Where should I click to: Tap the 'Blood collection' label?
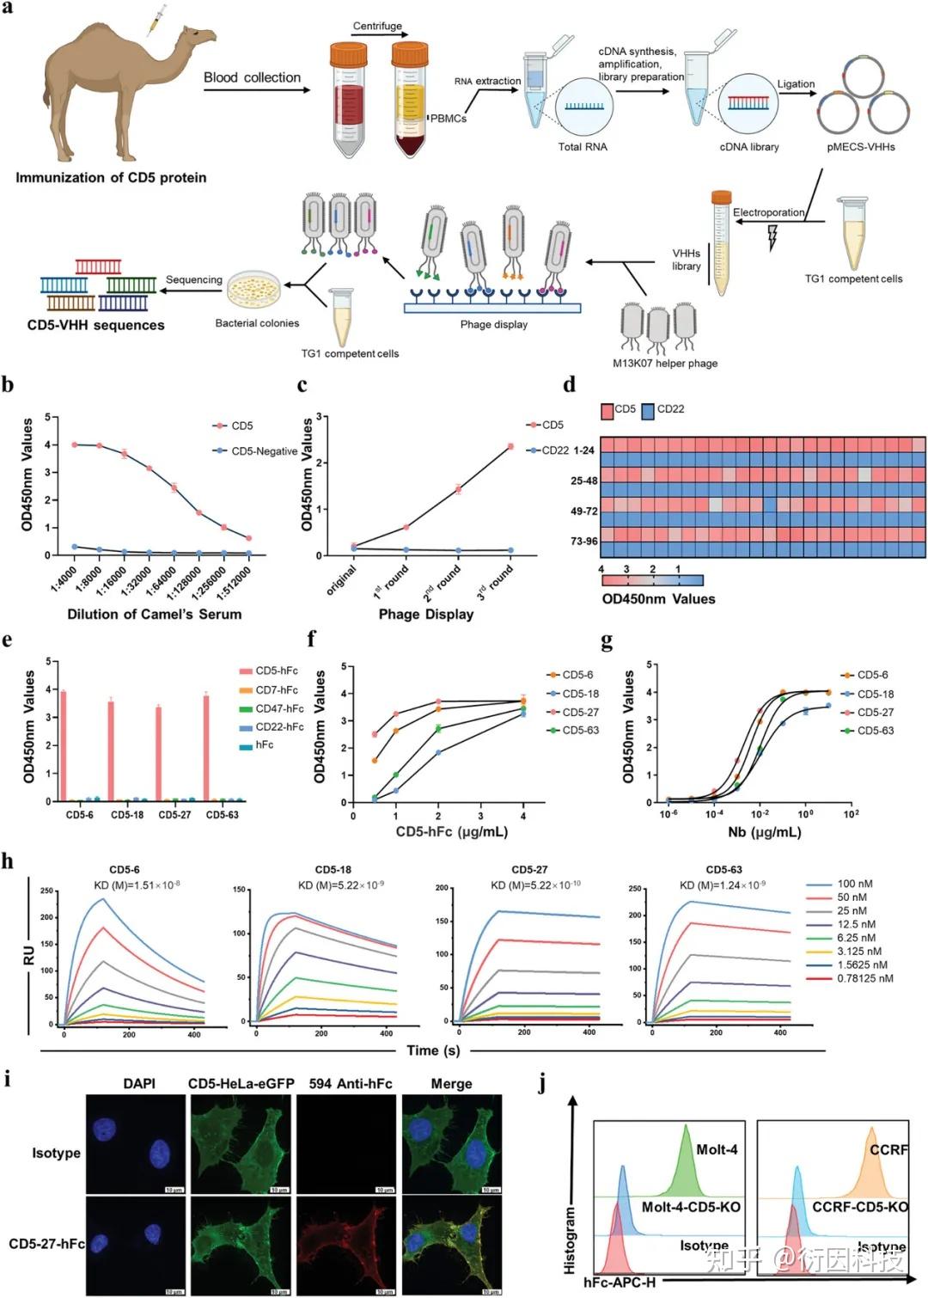coord(252,77)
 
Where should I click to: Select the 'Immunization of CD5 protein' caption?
coord(111,178)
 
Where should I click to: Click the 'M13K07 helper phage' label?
coord(665,363)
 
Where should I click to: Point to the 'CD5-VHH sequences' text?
coord(95,325)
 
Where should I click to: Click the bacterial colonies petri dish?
coord(253,290)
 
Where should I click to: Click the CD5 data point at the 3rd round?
coord(510,446)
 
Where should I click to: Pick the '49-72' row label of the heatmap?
coord(584,511)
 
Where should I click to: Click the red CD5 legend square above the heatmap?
coord(607,411)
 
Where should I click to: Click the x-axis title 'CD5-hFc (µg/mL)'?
coord(451,831)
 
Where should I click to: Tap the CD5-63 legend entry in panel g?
coord(875,731)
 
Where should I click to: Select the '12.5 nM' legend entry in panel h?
coord(856,924)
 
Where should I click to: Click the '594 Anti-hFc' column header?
coord(350,1084)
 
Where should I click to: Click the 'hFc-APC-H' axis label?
coord(619,1283)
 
